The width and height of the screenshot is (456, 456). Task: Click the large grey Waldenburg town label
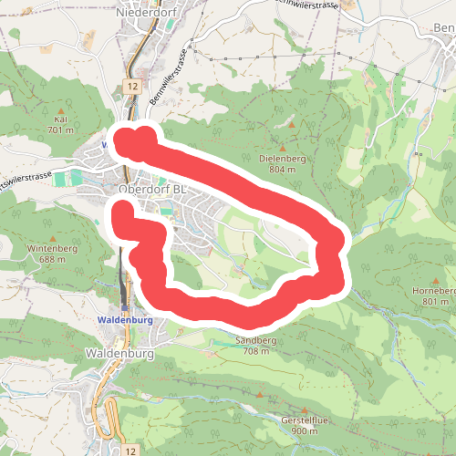click(x=116, y=352)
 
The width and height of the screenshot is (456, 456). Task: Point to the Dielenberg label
click(x=281, y=158)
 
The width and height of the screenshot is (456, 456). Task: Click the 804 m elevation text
click(x=282, y=170)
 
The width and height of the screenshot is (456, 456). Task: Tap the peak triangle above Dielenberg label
click(x=282, y=146)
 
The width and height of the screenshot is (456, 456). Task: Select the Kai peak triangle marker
click(x=62, y=108)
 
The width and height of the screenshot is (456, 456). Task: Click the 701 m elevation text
click(x=61, y=130)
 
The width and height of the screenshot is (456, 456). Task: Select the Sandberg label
click(x=256, y=340)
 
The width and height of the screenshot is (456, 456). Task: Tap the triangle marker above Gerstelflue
click(x=316, y=408)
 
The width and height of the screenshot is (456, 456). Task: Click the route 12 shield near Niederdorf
click(x=133, y=85)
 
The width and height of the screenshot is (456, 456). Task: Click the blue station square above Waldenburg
click(x=125, y=307)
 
